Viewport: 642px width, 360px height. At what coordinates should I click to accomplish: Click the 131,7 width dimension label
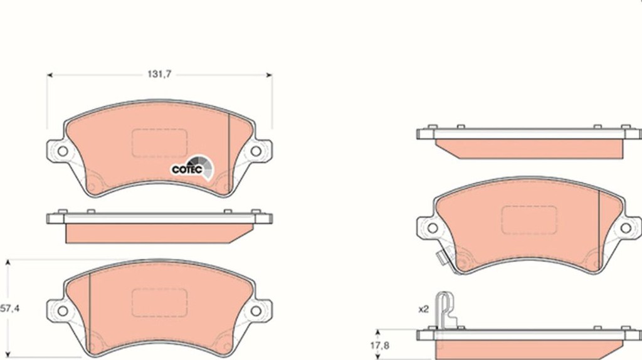159,74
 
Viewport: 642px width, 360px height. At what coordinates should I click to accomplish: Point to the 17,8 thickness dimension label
379,346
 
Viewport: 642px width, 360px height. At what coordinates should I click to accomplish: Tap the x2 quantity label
423,309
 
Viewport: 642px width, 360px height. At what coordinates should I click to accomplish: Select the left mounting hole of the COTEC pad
63,151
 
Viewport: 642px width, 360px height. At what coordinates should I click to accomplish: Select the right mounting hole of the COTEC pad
256,151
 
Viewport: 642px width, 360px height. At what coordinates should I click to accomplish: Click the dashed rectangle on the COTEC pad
160,143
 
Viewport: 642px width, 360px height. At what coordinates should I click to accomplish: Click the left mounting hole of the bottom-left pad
63,311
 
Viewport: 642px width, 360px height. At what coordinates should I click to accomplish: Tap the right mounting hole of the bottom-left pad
256,311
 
